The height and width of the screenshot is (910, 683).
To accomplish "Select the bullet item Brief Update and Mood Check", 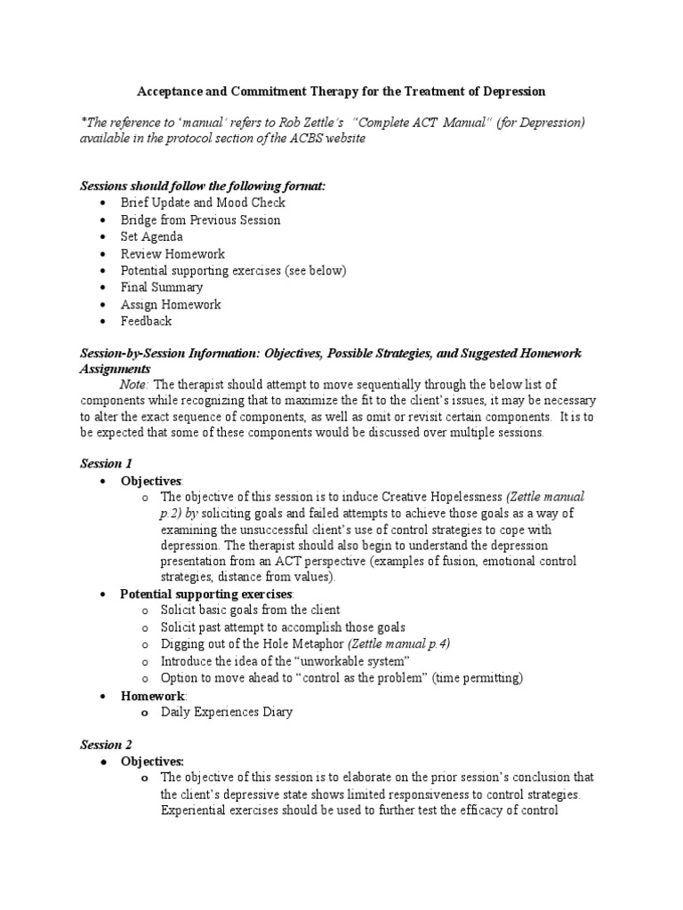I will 203,203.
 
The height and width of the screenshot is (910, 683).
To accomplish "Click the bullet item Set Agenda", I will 152,236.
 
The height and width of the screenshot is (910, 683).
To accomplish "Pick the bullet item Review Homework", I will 173,253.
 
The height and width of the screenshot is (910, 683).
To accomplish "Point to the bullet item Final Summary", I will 162,287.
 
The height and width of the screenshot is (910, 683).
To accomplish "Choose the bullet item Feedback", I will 147,321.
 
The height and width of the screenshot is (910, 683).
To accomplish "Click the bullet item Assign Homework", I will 171,304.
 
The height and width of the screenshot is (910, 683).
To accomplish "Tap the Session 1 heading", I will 106,463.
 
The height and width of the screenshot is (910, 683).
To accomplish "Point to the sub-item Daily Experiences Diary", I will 227,712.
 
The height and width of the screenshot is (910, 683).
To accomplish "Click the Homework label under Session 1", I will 152,695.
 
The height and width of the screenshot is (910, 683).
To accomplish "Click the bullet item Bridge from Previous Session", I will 200,220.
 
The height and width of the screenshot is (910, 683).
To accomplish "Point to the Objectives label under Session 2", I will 152,761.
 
